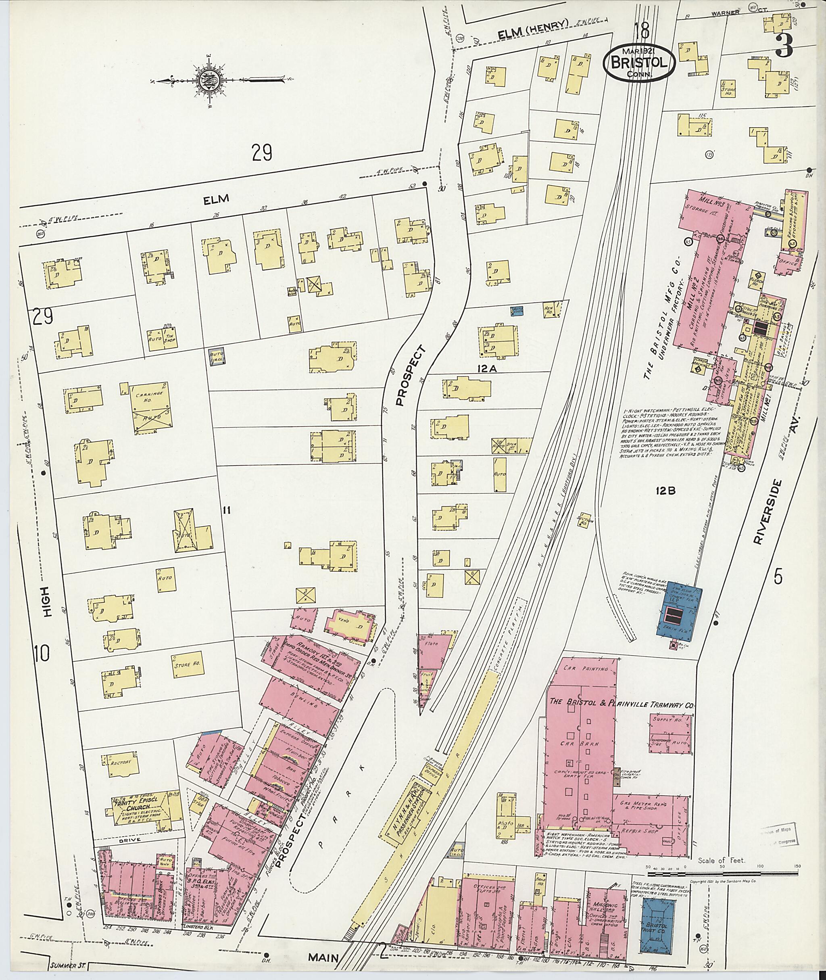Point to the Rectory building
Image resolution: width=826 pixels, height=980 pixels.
pos(120,762)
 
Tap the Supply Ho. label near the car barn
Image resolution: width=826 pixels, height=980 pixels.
pos(669,719)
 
